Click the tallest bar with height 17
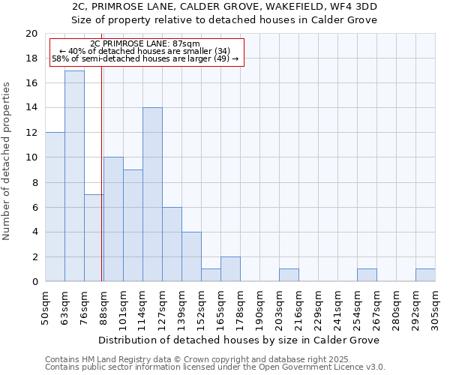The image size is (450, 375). (x=74, y=176)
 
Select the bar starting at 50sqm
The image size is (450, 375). (x=55, y=207)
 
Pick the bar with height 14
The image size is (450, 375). (x=152, y=194)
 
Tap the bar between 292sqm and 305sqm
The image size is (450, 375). (x=425, y=275)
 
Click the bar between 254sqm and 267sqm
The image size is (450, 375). (x=367, y=275)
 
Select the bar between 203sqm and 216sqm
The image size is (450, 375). (x=289, y=275)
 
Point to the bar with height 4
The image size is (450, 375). (x=191, y=256)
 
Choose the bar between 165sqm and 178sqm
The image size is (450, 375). (x=230, y=269)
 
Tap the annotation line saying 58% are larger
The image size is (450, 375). (x=145, y=58)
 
